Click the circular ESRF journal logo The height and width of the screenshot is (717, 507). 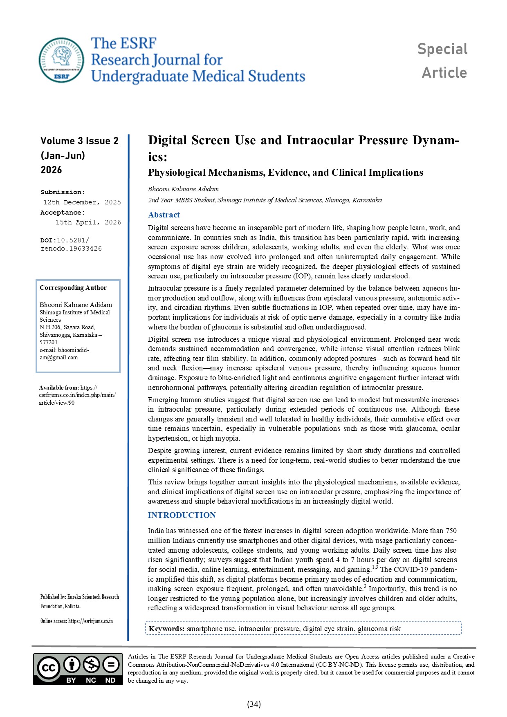pyautogui.click(x=61, y=60)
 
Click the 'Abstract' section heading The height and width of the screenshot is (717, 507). pyautogui.click(x=164, y=215)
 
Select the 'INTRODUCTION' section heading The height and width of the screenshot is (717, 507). pyautogui.click(x=182, y=515)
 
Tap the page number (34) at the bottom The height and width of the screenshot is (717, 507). pyautogui.click(x=253, y=704)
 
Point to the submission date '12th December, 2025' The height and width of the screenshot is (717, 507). pyautogui.click(x=82, y=202)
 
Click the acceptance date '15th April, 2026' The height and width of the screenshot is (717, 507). pyautogui.click(x=88, y=222)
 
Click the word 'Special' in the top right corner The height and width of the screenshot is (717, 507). pyautogui.click(x=442, y=49)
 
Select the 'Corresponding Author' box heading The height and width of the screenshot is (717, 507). pyautogui.click(x=73, y=288)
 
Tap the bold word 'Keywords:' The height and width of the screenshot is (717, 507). pyautogui.click(x=166, y=629)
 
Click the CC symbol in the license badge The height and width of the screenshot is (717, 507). pyautogui.click(x=49, y=668)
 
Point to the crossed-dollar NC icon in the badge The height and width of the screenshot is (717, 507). pyautogui.click(x=91, y=665)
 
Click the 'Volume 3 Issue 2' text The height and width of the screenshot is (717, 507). pyautogui.click(x=79, y=141)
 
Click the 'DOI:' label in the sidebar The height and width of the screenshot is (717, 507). pyautogui.click(x=48, y=240)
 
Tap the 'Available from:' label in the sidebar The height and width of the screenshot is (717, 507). pyautogui.click(x=59, y=388)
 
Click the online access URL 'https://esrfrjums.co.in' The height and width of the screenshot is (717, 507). pyautogui.click(x=90, y=621)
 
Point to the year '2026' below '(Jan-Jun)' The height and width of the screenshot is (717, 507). pyautogui.click(x=51, y=170)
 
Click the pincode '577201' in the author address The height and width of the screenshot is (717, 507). pyautogui.click(x=49, y=342)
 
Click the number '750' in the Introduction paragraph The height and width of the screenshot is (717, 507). pyautogui.click(x=451, y=531)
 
